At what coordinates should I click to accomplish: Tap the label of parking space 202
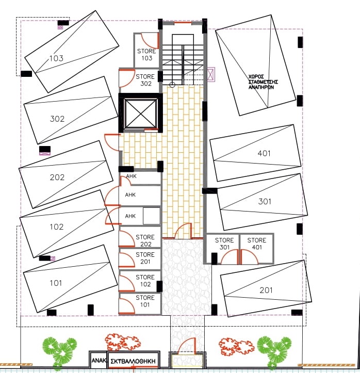click(x=57, y=177)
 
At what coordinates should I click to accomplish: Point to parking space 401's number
click(x=264, y=153)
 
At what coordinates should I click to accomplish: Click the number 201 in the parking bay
click(x=266, y=290)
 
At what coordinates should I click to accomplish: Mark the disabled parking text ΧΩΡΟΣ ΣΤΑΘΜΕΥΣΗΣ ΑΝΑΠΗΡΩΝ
click(x=263, y=82)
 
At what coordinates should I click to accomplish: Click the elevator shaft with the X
click(x=140, y=113)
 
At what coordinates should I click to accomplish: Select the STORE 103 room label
click(x=146, y=55)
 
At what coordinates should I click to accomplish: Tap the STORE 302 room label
click(x=145, y=80)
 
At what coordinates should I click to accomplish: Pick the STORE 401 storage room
click(x=256, y=249)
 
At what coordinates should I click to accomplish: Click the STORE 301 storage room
click(x=222, y=249)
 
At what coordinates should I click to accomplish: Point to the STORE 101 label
click(x=145, y=301)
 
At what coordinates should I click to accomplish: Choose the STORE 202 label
click(x=145, y=240)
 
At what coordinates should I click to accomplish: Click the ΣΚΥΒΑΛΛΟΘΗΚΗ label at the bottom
click(x=133, y=361)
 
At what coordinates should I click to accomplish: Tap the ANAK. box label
click(x=99, y=361)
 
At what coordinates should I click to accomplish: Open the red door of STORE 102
click(x=127, y=283)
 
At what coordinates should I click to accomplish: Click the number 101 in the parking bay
click(x=56, y=283)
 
